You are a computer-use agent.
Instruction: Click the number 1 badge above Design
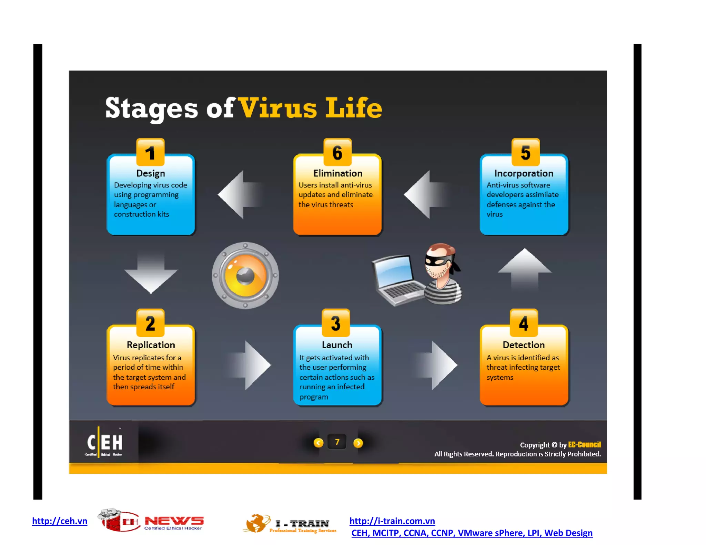(x=150, y=153)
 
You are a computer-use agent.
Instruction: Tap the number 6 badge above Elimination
(x=337, y=153)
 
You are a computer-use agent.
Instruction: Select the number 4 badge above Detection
(x=524, y=323)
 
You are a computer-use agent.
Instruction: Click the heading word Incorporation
(x=524, y=173)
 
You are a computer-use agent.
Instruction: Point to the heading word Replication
(x=151, y=345)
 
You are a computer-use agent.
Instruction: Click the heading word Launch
(x=337, y=345)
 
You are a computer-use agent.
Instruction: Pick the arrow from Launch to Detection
(x=437, y=365)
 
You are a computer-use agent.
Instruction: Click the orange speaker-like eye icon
(x=245, y=275)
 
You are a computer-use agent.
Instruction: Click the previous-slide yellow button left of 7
(x=318, y=443)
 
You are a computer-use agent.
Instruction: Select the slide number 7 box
(x=337, y=442)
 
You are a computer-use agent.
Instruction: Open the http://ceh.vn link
(x=60, y=521)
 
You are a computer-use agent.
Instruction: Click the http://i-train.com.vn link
(x=392, y=521)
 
